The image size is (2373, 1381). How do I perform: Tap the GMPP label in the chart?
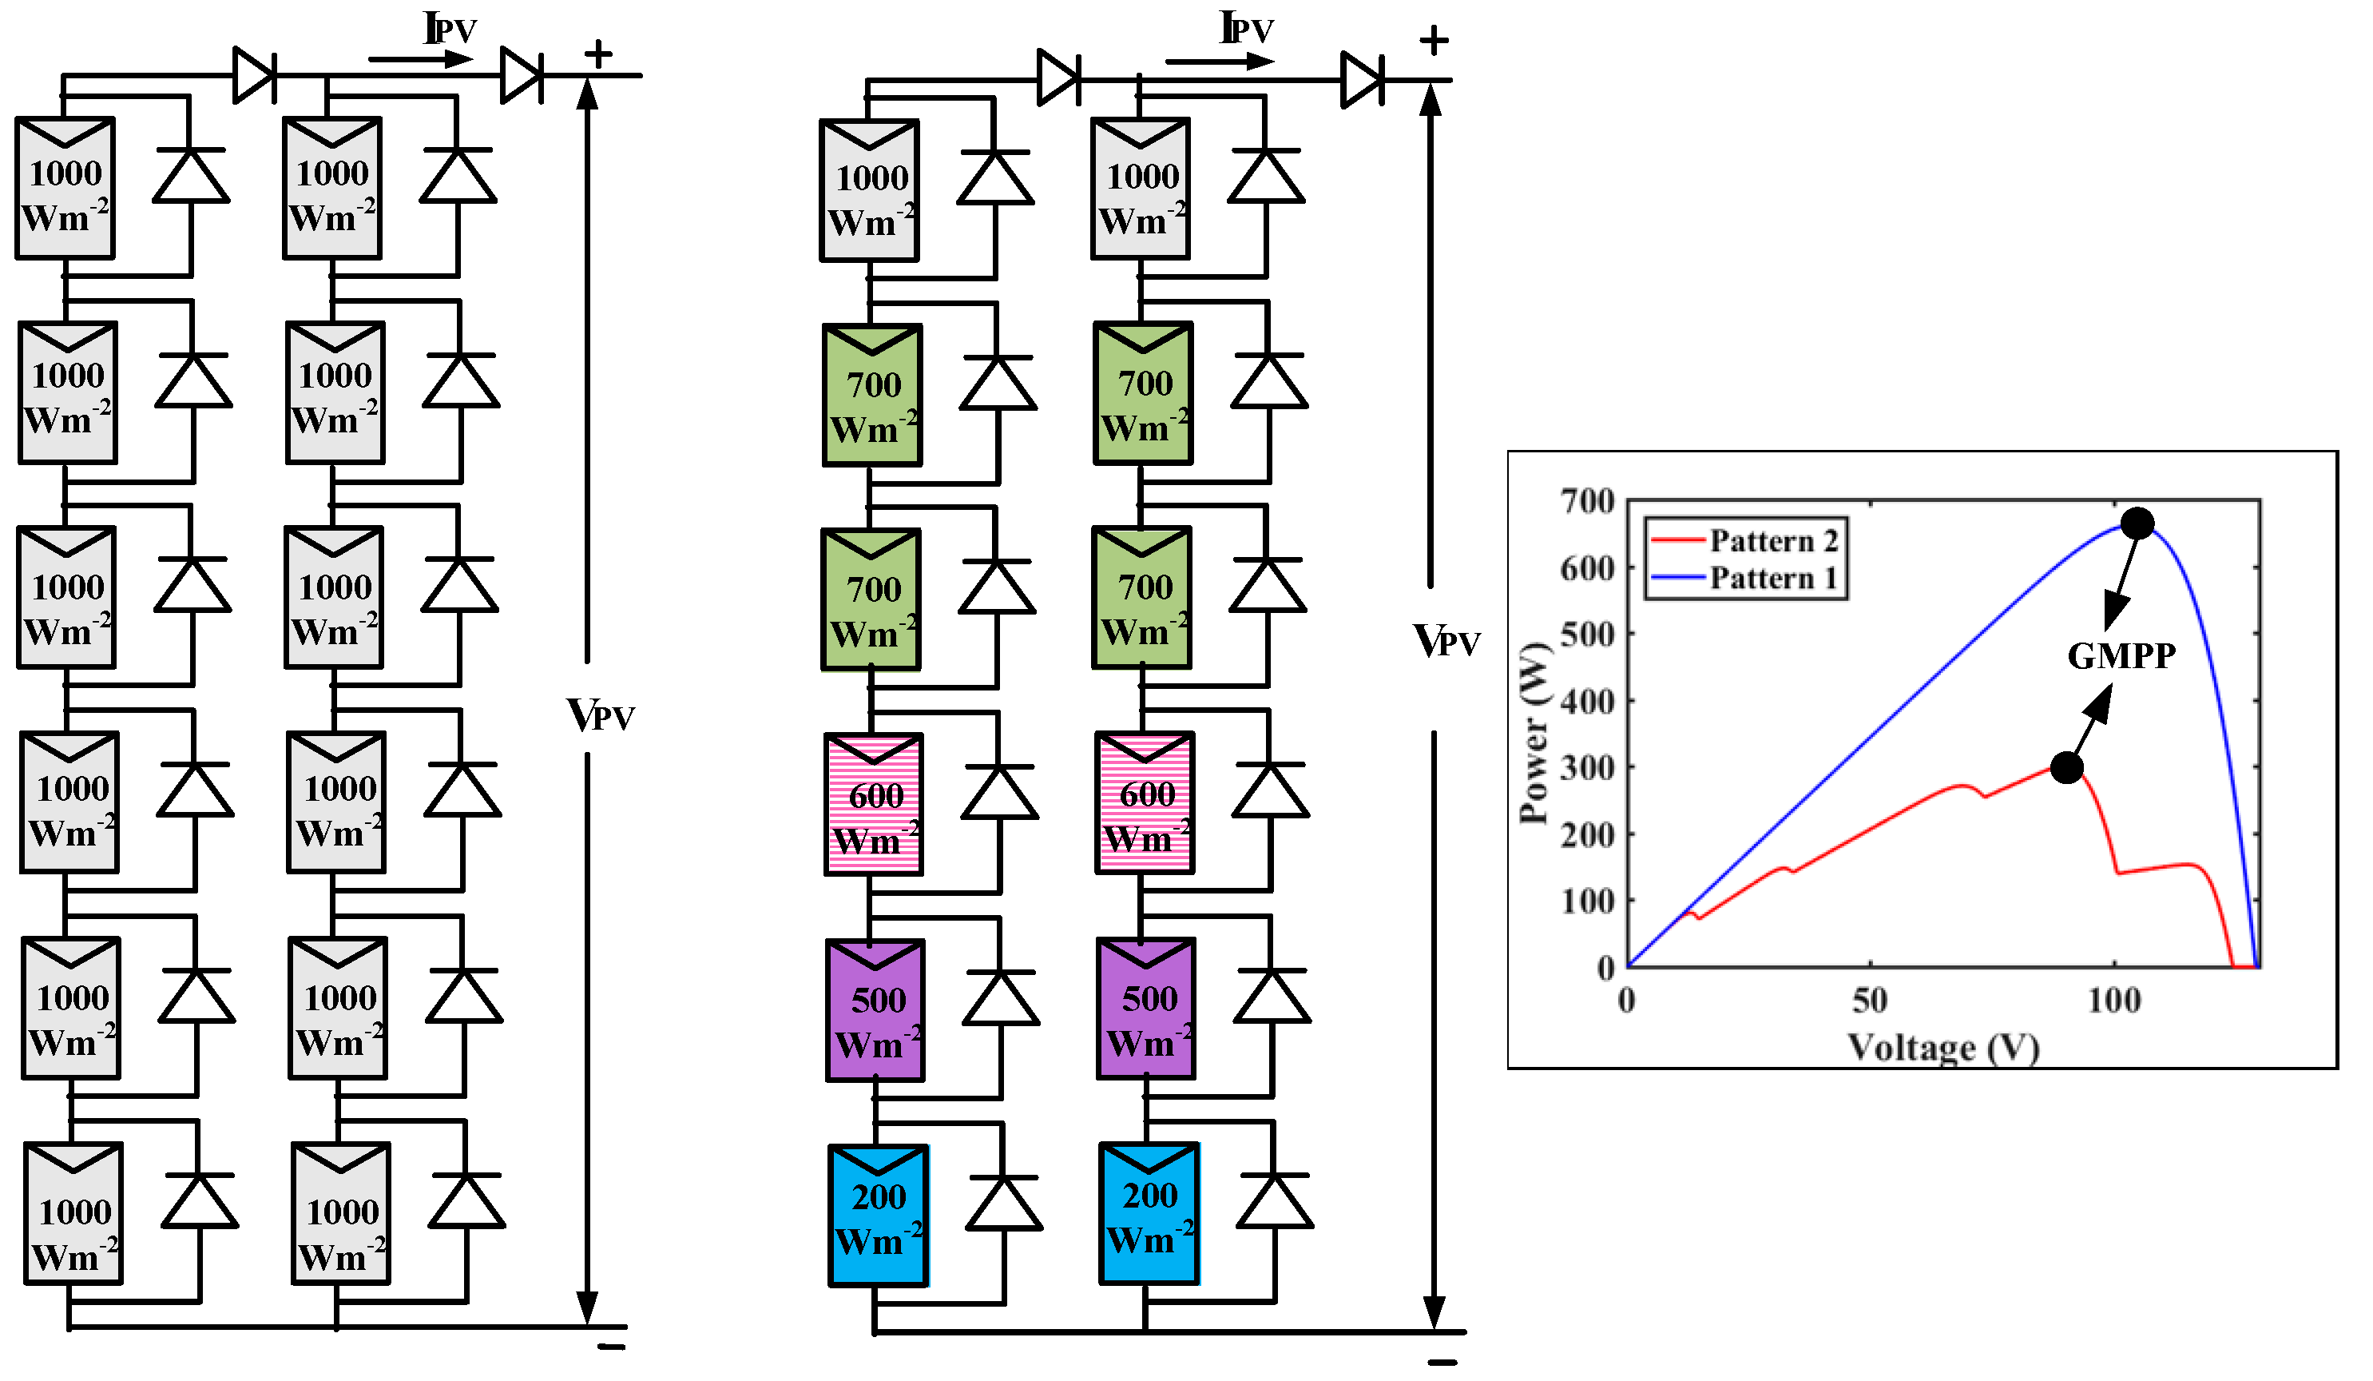[x=2121, y=655]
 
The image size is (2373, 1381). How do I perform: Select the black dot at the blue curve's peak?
[x=2137, y=523]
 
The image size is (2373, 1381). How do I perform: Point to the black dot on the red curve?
[x=2066, y=768]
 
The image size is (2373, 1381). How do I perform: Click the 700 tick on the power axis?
[x=1588, y=501]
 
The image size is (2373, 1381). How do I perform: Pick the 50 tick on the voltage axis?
[x=1869, y=1001]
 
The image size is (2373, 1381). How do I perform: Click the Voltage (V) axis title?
[x=1942, y=1048]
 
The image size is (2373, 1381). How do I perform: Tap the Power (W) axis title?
[x=1535, y=734]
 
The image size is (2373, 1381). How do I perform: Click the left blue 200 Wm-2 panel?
[x=878, y=1216]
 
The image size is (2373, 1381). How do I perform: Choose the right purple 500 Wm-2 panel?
[x=1146, y=1009]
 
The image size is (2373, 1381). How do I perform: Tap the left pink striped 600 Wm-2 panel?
[x=874, y=805]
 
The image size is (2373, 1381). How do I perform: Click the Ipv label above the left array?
[x=450, y=30]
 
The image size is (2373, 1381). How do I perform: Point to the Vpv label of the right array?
[x=1446, y=642]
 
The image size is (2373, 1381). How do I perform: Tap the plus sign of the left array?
[x=598, y=54]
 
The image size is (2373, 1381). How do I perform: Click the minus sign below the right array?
[x=1442, y=1362]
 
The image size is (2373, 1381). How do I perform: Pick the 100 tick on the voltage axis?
[x=2114, y=1001]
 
